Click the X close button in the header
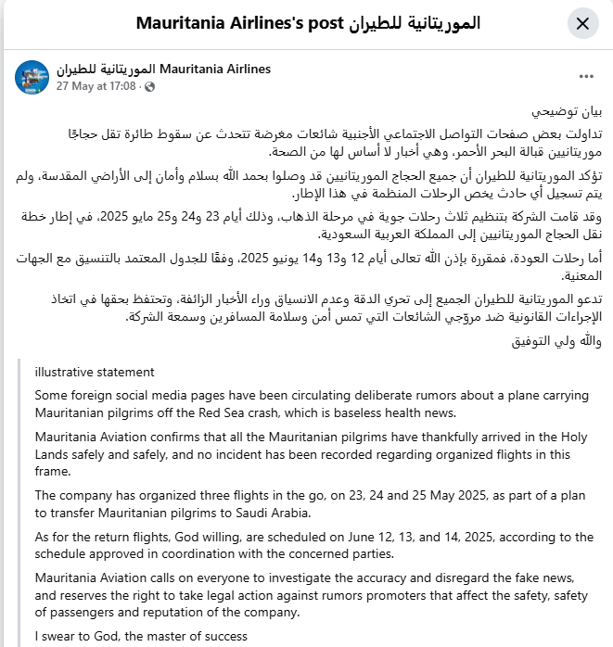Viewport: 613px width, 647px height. pos(582,24)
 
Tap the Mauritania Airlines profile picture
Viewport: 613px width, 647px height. pos(32,77)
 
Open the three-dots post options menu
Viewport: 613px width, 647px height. pos(586,77)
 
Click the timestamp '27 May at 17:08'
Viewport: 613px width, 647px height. pos(96,86)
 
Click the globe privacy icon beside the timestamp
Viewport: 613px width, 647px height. pos(149,86)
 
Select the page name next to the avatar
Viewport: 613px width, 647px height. pos(163,69)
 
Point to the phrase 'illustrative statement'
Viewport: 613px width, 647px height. pos(95,372)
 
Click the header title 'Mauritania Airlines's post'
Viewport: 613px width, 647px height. pos(308,23)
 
